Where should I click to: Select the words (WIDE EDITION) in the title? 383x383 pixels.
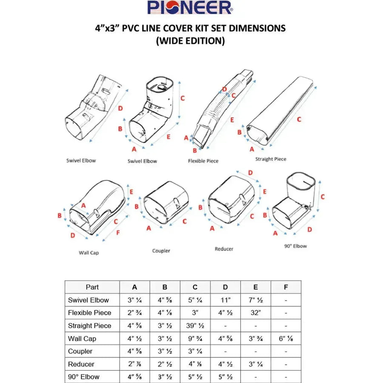point(190,41)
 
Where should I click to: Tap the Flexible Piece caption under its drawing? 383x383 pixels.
point(203,161)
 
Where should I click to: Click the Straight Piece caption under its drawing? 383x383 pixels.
point(271,159)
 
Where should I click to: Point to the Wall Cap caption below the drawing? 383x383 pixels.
point(89,253)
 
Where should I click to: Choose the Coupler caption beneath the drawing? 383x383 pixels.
point(161,251)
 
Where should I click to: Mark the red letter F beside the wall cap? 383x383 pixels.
point(118,233)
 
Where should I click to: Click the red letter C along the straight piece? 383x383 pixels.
point(299,120)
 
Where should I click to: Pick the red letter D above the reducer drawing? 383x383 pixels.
point(250,172)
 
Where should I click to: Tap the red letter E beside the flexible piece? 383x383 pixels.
point(232,120)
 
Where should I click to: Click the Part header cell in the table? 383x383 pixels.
point(92,287)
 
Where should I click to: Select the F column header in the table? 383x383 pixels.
point(286,287)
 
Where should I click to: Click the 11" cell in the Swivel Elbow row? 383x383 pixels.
point(225,300)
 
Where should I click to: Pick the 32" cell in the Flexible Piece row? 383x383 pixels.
point(255,313)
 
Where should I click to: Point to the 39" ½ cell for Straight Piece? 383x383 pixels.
point(195,326)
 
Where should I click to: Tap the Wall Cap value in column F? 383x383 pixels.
point(286,339)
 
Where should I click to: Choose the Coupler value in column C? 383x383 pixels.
point(195,352)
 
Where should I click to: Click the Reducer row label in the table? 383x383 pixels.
point(81,364)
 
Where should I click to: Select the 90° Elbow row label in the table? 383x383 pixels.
point(84,377)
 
